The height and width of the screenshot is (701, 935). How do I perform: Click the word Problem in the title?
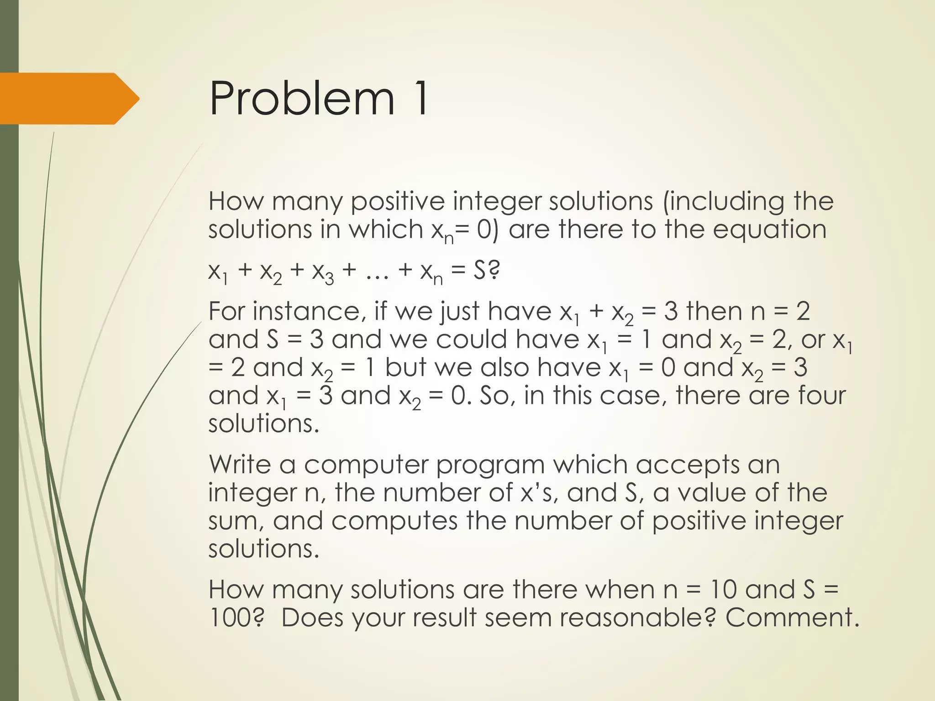301,99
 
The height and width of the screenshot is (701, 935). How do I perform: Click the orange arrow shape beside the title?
68,99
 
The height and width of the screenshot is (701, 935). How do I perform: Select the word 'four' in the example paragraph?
822,395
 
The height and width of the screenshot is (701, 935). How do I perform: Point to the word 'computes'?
394,521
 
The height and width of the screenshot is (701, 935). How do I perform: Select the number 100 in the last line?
231,617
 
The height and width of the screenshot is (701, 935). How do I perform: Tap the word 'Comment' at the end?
788,617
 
